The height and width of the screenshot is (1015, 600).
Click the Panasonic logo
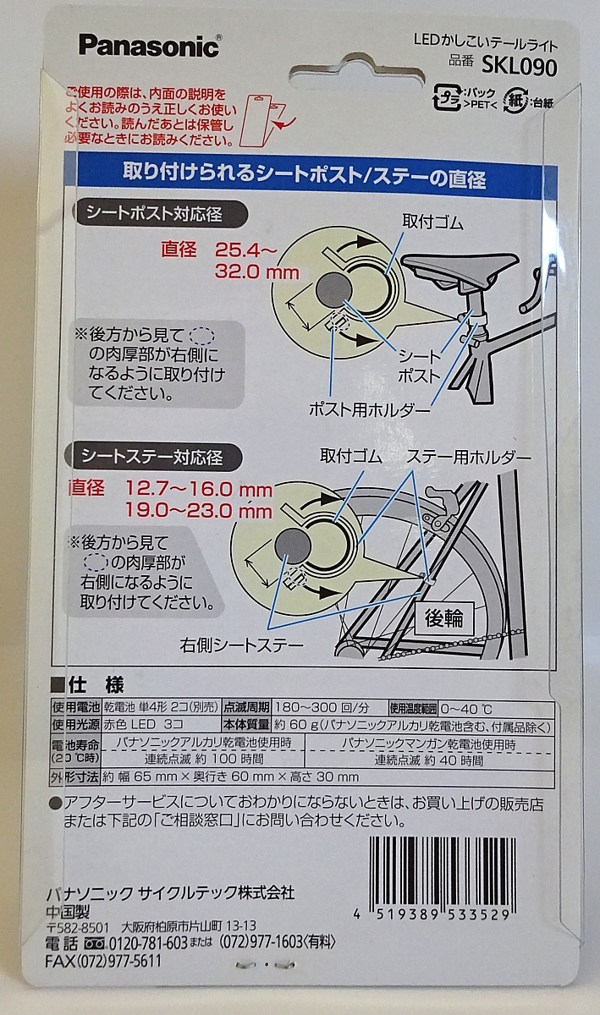(149, 46)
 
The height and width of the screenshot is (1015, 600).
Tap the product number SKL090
(519, 67)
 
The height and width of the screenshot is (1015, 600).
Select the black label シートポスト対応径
(161, 213)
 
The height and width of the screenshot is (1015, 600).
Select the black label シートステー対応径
(153, 457)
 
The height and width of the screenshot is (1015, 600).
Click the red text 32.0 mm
(256, 272)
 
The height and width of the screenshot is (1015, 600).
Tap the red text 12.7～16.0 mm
(199, 490)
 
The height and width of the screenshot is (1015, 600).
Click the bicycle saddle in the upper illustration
(460, 267)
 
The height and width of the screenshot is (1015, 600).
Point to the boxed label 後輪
(444, 618)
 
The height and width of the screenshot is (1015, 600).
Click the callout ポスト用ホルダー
(369, 410)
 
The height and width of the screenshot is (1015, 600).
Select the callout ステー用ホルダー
(469, 458)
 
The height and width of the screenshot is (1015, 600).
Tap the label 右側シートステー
(241, 645)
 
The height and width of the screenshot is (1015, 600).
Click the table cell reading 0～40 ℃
(466, 709)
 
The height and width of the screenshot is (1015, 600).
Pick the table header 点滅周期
(246, 707)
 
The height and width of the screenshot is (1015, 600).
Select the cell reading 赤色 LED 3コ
(143, 724)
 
